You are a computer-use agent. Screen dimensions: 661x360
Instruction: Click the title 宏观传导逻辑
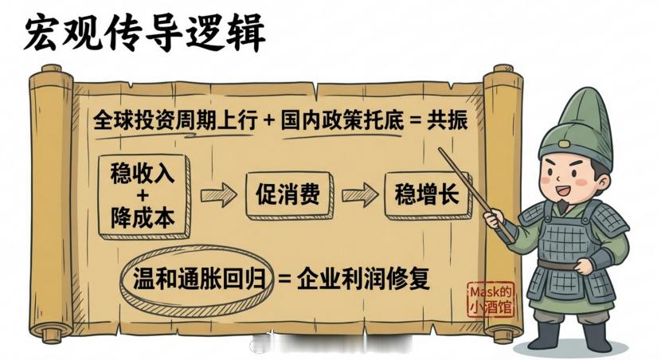144,33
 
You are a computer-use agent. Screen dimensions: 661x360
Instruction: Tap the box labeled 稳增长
427,194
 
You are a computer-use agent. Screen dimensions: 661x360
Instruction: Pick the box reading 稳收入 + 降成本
143,195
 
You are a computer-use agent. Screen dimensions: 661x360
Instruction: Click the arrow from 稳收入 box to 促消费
219,194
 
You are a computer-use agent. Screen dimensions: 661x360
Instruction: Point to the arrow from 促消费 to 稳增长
359,194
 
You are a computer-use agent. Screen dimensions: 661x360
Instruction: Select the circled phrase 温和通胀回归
194,280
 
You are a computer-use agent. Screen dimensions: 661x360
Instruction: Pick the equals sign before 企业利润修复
284,280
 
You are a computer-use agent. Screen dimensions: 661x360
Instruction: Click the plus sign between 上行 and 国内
268,121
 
